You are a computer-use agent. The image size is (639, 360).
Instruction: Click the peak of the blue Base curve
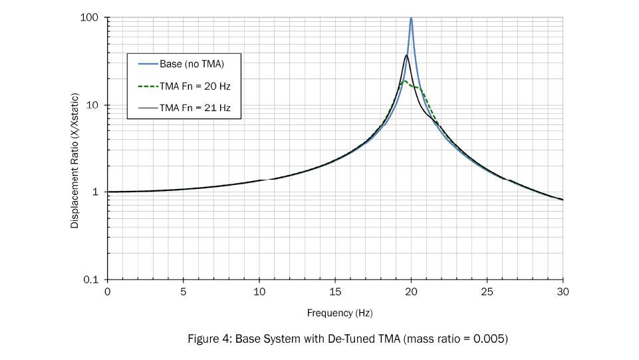coord(411,19)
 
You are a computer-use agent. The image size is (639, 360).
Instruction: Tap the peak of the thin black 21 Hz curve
coord(406,55)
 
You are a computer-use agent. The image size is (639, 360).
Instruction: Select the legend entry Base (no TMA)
coord(192,65)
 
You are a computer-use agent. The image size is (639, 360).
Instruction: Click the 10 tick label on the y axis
coord(94,105)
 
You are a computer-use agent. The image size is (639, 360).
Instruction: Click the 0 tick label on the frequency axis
coord(107,291)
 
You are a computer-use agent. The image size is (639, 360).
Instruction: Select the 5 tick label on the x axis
coord(183,291)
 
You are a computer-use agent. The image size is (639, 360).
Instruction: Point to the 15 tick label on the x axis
coord(335,291)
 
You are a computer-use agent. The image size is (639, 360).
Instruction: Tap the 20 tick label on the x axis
coord(411,291)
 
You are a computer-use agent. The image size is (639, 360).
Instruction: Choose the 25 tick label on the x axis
coord(487,291)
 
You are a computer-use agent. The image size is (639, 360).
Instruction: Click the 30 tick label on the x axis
coord(563,291)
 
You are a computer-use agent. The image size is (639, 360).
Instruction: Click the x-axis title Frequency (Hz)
coord(335,312)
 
